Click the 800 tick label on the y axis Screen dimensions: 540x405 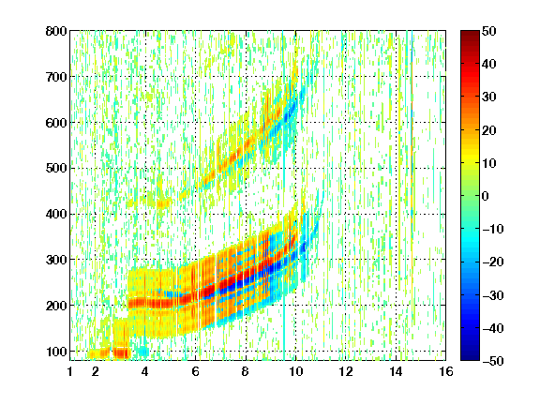coord(56,31)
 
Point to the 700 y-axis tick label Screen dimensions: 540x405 coord(56,77)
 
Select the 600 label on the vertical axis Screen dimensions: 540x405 coord(56,123)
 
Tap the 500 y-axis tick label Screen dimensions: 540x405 coord(56,169)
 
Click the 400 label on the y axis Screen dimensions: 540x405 coord(56,214)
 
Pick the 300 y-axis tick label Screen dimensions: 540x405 coord(56,260)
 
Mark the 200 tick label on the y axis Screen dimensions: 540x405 coord(56,306)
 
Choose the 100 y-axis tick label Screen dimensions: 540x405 coord(56,352)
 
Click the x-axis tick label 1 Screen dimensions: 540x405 coord(70,371)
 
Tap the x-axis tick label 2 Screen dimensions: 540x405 coord(96,371)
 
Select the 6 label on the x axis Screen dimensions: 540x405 coord(196,371)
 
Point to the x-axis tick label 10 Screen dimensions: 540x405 coord(296,371)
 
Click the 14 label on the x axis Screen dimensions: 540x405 coord(396,371)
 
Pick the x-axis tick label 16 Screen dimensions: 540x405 coord(446,371)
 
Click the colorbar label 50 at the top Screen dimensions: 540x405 coord(489,31)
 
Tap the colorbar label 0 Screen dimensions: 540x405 coord(486,196)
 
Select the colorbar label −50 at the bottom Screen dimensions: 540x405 coord(493,361)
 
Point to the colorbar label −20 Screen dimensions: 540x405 coord(493,262)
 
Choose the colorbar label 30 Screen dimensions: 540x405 coord(489,97)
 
